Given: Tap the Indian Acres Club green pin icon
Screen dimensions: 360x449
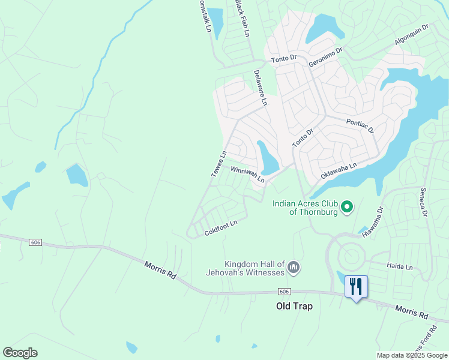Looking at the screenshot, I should (346, 208).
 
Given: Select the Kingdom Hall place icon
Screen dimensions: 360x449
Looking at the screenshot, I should (294, 267).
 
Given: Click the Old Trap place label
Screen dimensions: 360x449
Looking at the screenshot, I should (294, 306).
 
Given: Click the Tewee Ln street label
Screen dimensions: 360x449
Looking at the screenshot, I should (218, 163).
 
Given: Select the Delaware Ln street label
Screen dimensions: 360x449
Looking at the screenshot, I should (259, 88).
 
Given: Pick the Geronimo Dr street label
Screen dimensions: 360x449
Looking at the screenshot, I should (325, 57).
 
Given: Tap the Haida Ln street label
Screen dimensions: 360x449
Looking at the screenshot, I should (400, 266).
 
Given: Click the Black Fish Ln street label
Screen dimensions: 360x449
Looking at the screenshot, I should (242, 18).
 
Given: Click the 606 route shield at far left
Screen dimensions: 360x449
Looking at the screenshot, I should (35, 241).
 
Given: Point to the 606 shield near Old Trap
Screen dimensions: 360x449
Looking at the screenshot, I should (285, 291).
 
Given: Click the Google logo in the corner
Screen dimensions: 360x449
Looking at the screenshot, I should (20, 353).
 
